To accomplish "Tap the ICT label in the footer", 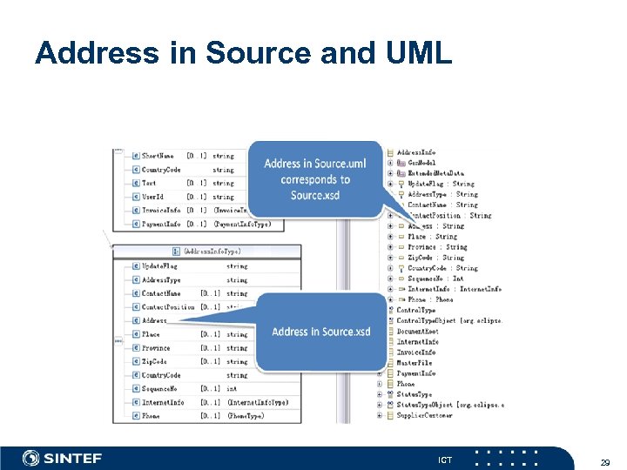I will click(444, 459).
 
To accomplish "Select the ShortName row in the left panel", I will click(158, 156).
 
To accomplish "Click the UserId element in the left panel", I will click(152, 197).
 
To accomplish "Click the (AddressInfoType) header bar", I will click(212, 252).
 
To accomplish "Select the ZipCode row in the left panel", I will click(154, 361).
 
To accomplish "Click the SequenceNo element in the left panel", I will click(159, 389).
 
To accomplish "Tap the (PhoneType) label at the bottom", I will click(245, 416).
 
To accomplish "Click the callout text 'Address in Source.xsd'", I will click(320, 332).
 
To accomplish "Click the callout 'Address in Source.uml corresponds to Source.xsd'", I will click(315, 179).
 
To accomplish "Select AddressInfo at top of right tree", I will click(416, 152).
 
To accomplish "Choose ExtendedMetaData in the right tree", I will click(430, 173).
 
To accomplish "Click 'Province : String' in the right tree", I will click(437, 247).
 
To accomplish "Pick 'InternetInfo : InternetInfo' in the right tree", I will click(455, 289).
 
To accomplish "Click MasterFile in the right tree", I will click(415, 363).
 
